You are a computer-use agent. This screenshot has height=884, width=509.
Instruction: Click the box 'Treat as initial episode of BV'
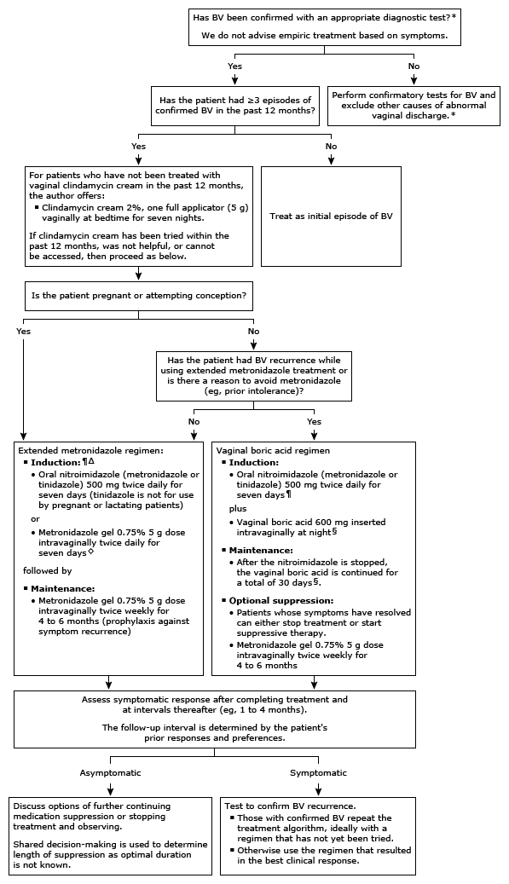coord(330,217)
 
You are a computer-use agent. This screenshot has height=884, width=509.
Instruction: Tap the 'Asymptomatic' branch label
coord(110,772)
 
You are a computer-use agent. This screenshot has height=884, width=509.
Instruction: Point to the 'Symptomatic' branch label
coord(319,772)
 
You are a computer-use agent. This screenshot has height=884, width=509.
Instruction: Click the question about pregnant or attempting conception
coord(138,295)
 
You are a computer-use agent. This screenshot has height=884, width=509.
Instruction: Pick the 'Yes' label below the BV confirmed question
coord(234,66)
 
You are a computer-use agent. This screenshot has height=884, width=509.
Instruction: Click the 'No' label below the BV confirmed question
coord(414,66)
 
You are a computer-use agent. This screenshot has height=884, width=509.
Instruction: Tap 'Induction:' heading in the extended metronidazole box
coord(56,461)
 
